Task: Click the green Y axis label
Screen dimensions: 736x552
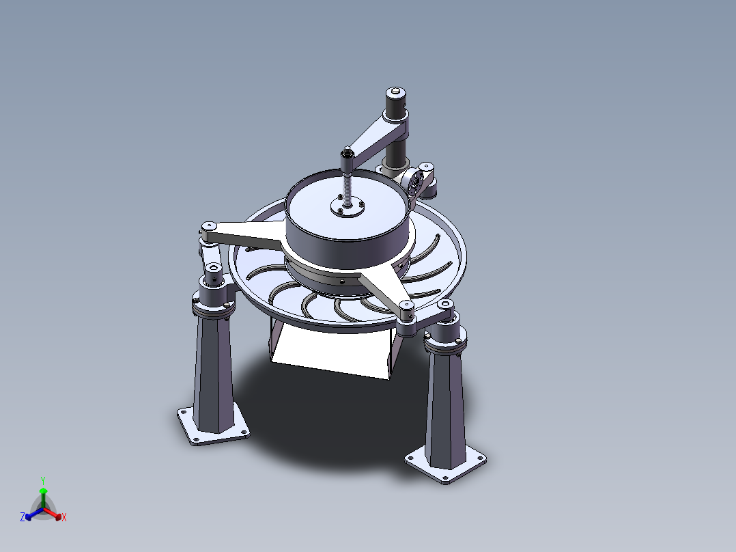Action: click(43, 480)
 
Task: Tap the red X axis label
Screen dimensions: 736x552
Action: click(64, 517)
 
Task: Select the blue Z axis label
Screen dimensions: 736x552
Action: click(22, 516)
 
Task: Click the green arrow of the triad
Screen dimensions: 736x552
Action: click(43, 497)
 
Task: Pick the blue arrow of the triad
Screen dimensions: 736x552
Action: click(34, 514)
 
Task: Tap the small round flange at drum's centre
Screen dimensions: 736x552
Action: click(348, 207)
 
